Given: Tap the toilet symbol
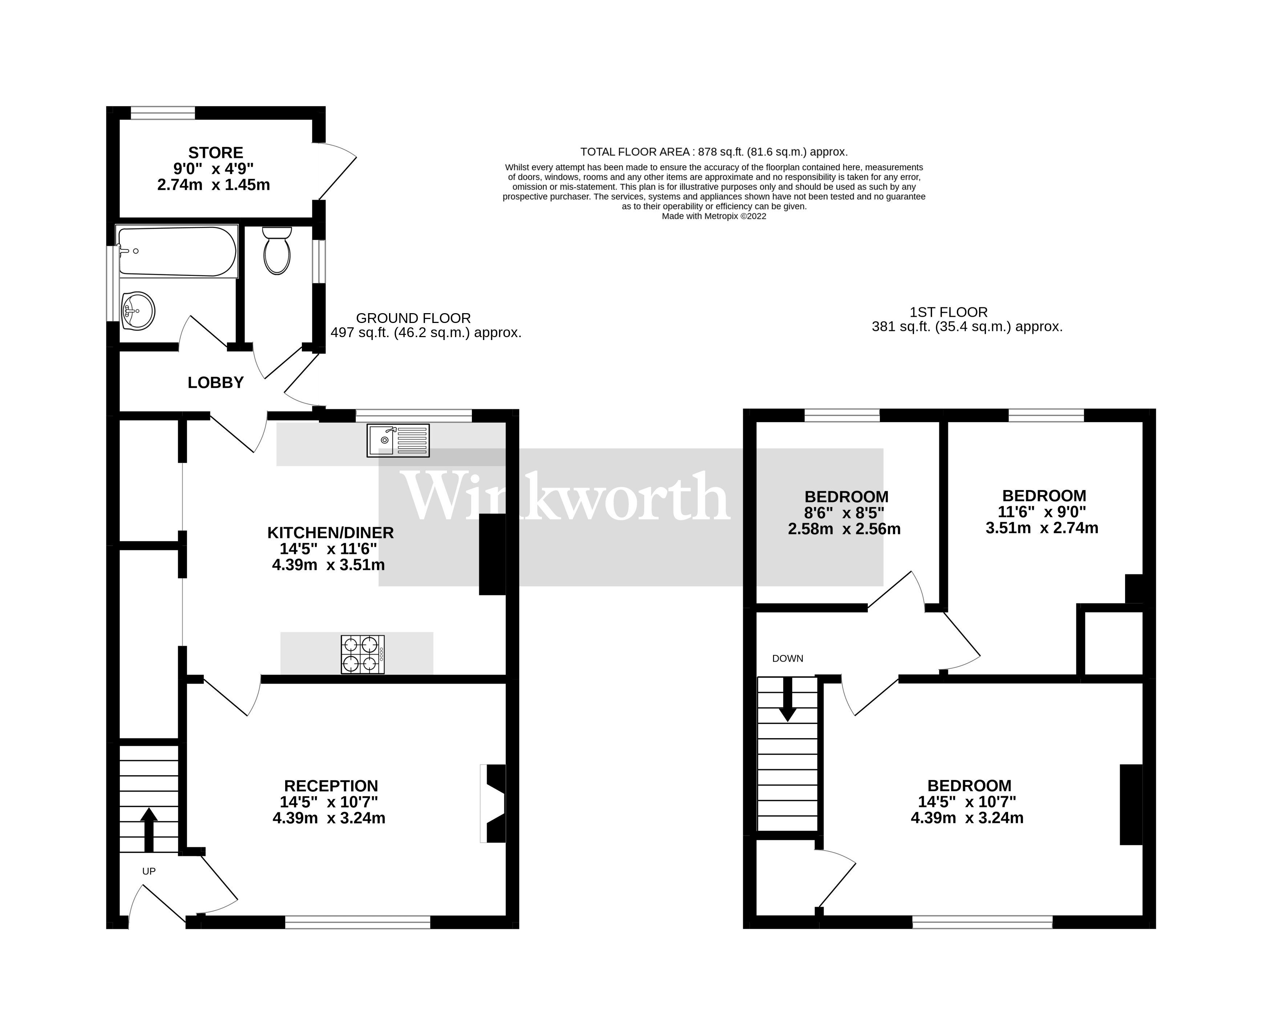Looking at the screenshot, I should click(276, 251).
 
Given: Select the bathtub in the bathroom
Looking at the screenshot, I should click(177, 252).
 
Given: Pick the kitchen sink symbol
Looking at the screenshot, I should click(398, 441).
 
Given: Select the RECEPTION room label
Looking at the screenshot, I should click(331, 786).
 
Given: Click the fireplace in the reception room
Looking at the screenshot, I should click(494, 803).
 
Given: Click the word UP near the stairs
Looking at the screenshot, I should click(149, 871).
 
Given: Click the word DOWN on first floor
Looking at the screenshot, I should click(788, 658).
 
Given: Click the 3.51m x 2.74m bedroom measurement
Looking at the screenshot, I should click(1041, 527).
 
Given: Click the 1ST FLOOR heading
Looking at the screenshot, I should click(948, 312).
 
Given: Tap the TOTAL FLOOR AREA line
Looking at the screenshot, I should click(713, 152).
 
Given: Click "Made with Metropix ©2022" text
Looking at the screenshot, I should click(713, 217).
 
